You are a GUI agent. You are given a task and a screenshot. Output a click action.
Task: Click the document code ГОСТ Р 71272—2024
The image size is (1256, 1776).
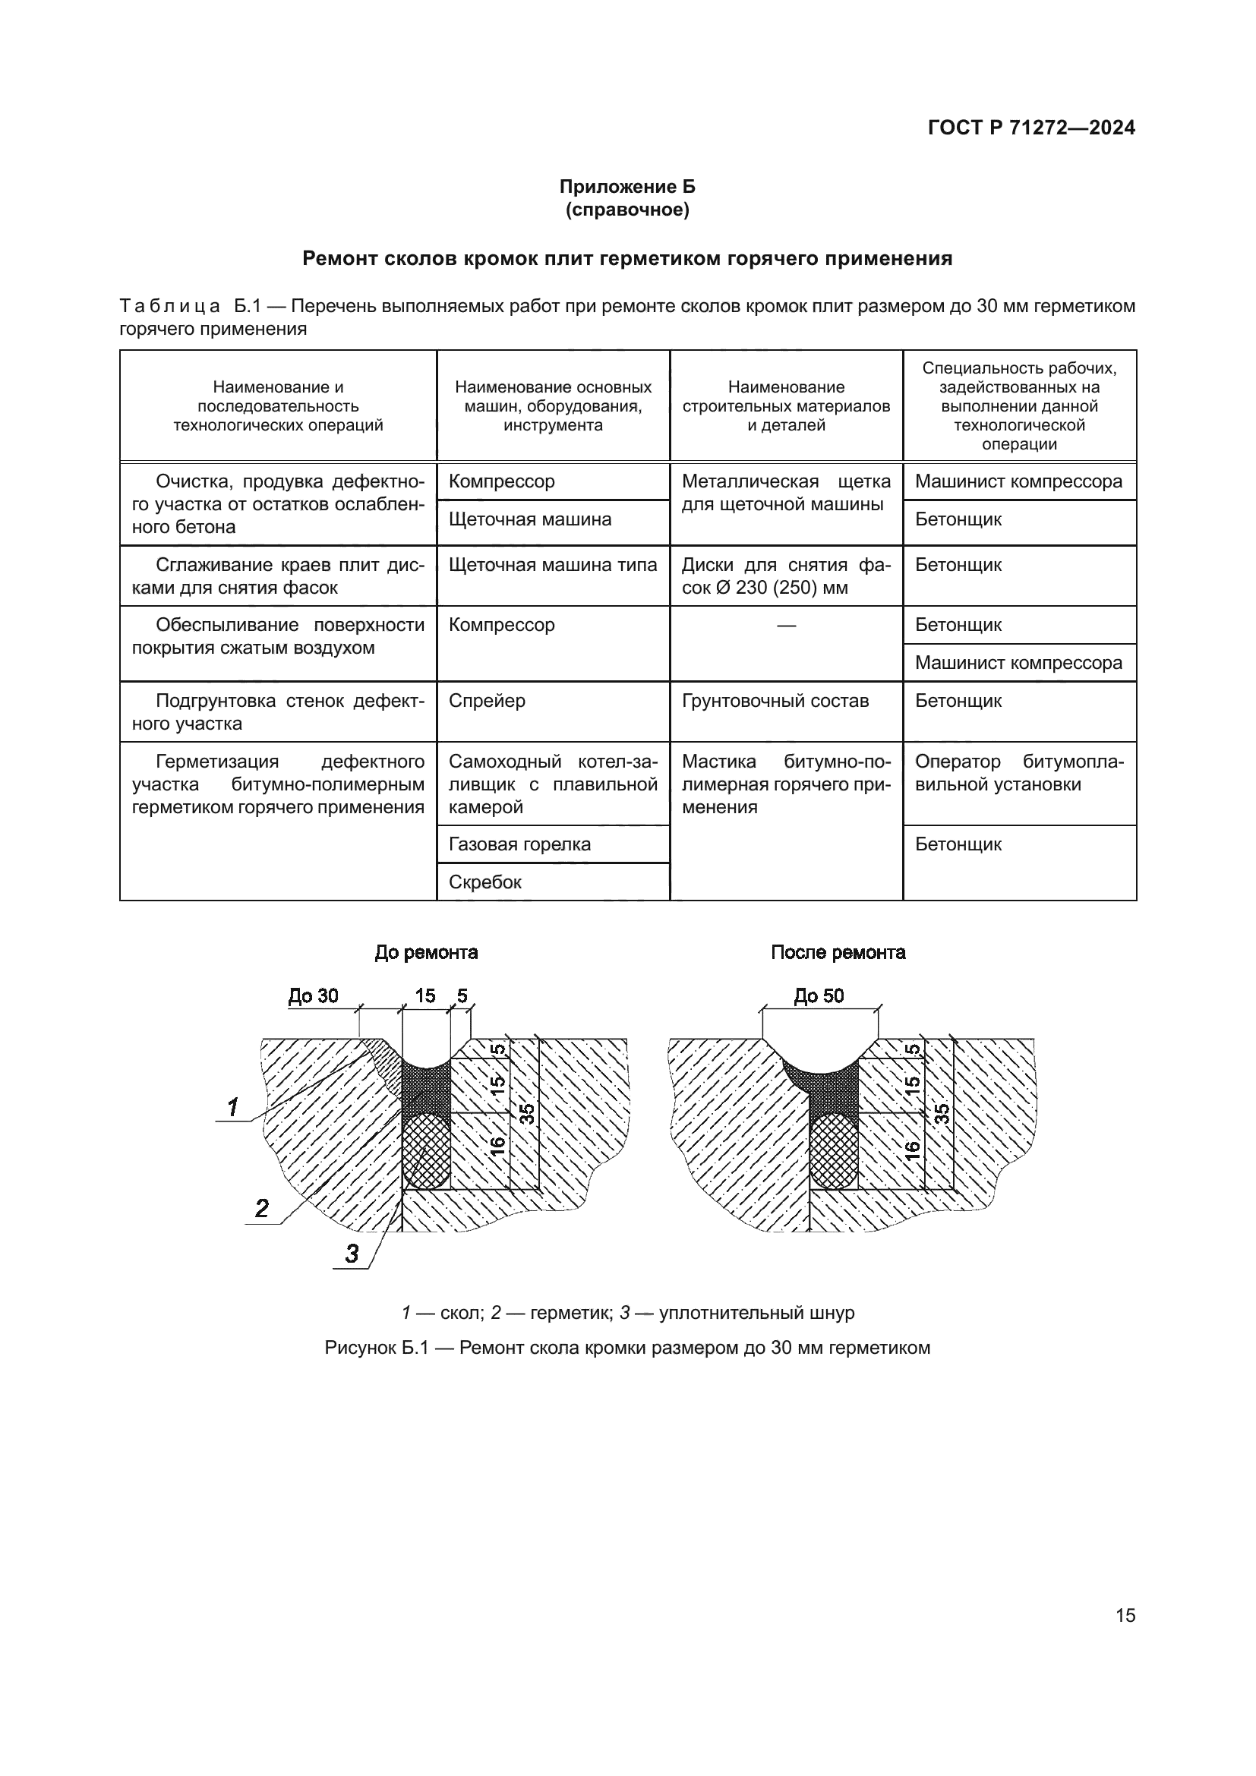[1031, 128]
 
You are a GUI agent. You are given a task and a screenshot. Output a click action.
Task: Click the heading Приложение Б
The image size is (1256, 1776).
[627, 187]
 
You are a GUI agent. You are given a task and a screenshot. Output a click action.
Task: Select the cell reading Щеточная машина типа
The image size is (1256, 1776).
[552, 566]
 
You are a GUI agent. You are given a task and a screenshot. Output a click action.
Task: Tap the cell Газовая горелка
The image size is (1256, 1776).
[519, 844]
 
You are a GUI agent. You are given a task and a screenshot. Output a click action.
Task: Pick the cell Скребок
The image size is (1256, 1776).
[485, 882]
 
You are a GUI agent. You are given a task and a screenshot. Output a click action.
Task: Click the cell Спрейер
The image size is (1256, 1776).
[488, 701]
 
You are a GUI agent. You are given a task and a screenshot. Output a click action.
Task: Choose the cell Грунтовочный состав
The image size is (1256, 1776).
[775, 701]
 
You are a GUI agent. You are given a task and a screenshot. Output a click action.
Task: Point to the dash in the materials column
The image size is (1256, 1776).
[786, 625]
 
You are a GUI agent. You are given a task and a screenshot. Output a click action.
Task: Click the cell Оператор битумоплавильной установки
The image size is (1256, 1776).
[1018, 774]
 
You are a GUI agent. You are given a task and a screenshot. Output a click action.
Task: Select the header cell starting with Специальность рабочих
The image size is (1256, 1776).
[1018, 406]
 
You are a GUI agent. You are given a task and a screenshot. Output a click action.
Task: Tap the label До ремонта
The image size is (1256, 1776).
[426, 952]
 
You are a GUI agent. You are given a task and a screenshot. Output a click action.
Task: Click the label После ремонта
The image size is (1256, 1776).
[838, 952]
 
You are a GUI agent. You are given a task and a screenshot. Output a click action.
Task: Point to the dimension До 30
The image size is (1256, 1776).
[313, 996]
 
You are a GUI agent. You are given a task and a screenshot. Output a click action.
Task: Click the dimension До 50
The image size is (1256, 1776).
[819, 996]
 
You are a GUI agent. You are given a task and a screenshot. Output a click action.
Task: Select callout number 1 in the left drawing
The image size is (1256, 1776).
[232, 1108]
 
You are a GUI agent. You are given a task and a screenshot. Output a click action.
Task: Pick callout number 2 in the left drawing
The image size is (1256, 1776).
[262, 1208]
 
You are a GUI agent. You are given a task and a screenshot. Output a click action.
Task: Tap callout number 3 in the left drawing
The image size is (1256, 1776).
[352, 1254]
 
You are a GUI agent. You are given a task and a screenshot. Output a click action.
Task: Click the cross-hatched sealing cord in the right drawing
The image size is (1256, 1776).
[834, 1150]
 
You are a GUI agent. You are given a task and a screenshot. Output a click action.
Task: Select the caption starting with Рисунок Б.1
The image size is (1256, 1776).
[627, 1349]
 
